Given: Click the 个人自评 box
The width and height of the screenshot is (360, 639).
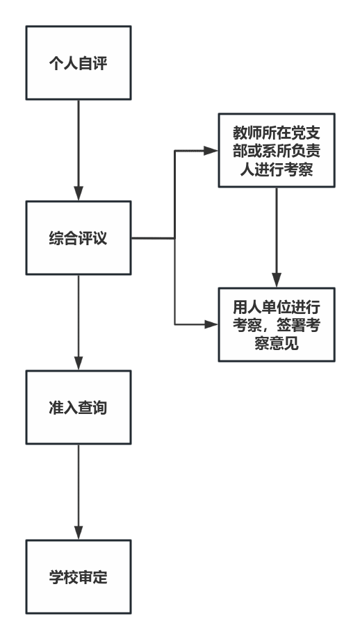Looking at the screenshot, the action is tap(79, 63).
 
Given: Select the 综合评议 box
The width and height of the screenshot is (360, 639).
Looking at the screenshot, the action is tap(79, 238).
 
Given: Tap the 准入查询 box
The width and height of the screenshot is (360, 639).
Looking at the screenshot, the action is tap(79, 407).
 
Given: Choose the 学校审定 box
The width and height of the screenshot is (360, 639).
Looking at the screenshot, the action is tap(79, 576).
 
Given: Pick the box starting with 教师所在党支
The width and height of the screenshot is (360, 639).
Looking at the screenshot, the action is tap(277, 151).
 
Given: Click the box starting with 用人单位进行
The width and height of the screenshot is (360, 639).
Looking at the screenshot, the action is tap(277, 324).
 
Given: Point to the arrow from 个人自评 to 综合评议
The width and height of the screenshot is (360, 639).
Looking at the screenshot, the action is tap(79, 150).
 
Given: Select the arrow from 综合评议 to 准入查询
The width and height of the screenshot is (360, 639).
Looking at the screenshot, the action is tap(79, 322).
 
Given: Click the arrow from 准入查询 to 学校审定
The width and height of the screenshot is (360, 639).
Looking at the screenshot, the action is tap(79, 492).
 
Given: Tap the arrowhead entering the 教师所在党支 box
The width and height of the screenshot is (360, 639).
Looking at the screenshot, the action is tap(211, 151).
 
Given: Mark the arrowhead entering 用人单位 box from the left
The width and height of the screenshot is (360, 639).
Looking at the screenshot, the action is tap(211, 324).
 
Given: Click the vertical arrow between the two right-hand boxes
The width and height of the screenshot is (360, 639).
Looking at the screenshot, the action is tap(277, 237).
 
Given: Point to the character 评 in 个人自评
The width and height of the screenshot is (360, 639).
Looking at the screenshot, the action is tap(99, 63).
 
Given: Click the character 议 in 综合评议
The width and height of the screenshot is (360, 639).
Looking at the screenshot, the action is tap(99, 238).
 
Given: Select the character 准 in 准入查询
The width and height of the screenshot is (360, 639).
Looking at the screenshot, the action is tap(56, 408).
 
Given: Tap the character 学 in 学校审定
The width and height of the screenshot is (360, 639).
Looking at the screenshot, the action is tap(56, 577).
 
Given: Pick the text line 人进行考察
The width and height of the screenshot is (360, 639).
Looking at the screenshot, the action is tap(277, 169).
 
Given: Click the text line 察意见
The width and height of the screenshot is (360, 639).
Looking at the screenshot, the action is tap(277, 343).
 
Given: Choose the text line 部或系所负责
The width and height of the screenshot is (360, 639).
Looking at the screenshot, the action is tap(277, 151).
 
